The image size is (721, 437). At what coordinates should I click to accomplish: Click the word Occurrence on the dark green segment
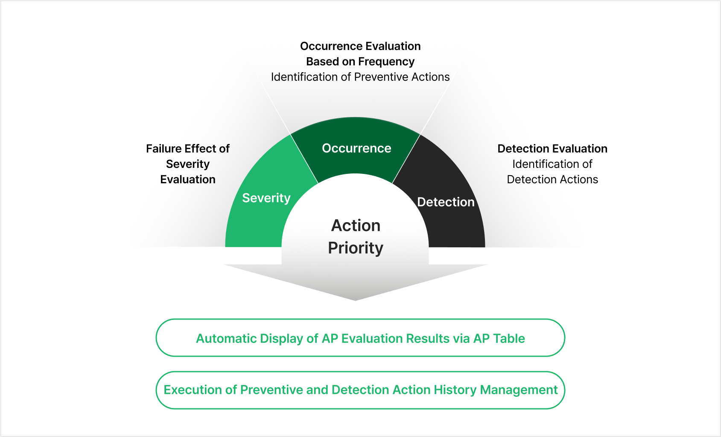pyautogui.click(x=356, y=148)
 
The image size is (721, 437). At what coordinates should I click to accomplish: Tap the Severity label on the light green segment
pyautogui.click(x=266, y=198)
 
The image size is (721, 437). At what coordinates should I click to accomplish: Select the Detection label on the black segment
pyautogui.click(x=446, y=202)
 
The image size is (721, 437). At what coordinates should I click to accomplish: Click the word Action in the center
pyautogui.click(x=356, y=226)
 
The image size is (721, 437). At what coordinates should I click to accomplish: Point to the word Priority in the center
pyautogui.click(x=356, y=248)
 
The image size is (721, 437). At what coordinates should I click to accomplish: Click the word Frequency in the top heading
pyautogui.click(x=386, y=62)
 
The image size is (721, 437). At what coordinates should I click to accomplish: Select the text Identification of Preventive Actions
pyautogui.click(x=360, y=77)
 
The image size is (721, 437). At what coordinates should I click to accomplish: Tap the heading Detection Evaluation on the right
pyautogui.click(x=552, y=149)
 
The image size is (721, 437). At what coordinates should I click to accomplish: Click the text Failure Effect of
pyautogui.click(x=188, y=149)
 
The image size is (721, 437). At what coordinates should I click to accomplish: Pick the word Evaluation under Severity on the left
pyautogui.click(x=188, y=179)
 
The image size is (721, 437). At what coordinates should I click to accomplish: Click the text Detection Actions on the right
pyautogui.click(x=552, y=179)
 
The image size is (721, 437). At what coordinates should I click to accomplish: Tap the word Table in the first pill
pyautogui.click(x=509, y=338)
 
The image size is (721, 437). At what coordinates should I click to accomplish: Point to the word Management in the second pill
pyautogui.click(x=519, y=390)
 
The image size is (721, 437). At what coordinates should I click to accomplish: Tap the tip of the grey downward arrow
pyautogui.click(x=355, y=300)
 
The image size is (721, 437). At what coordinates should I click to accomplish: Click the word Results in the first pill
pyautogui.click(x=428, y=338)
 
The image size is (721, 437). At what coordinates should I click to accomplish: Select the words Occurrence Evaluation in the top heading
pyautogui.click(x=360, y=46)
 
